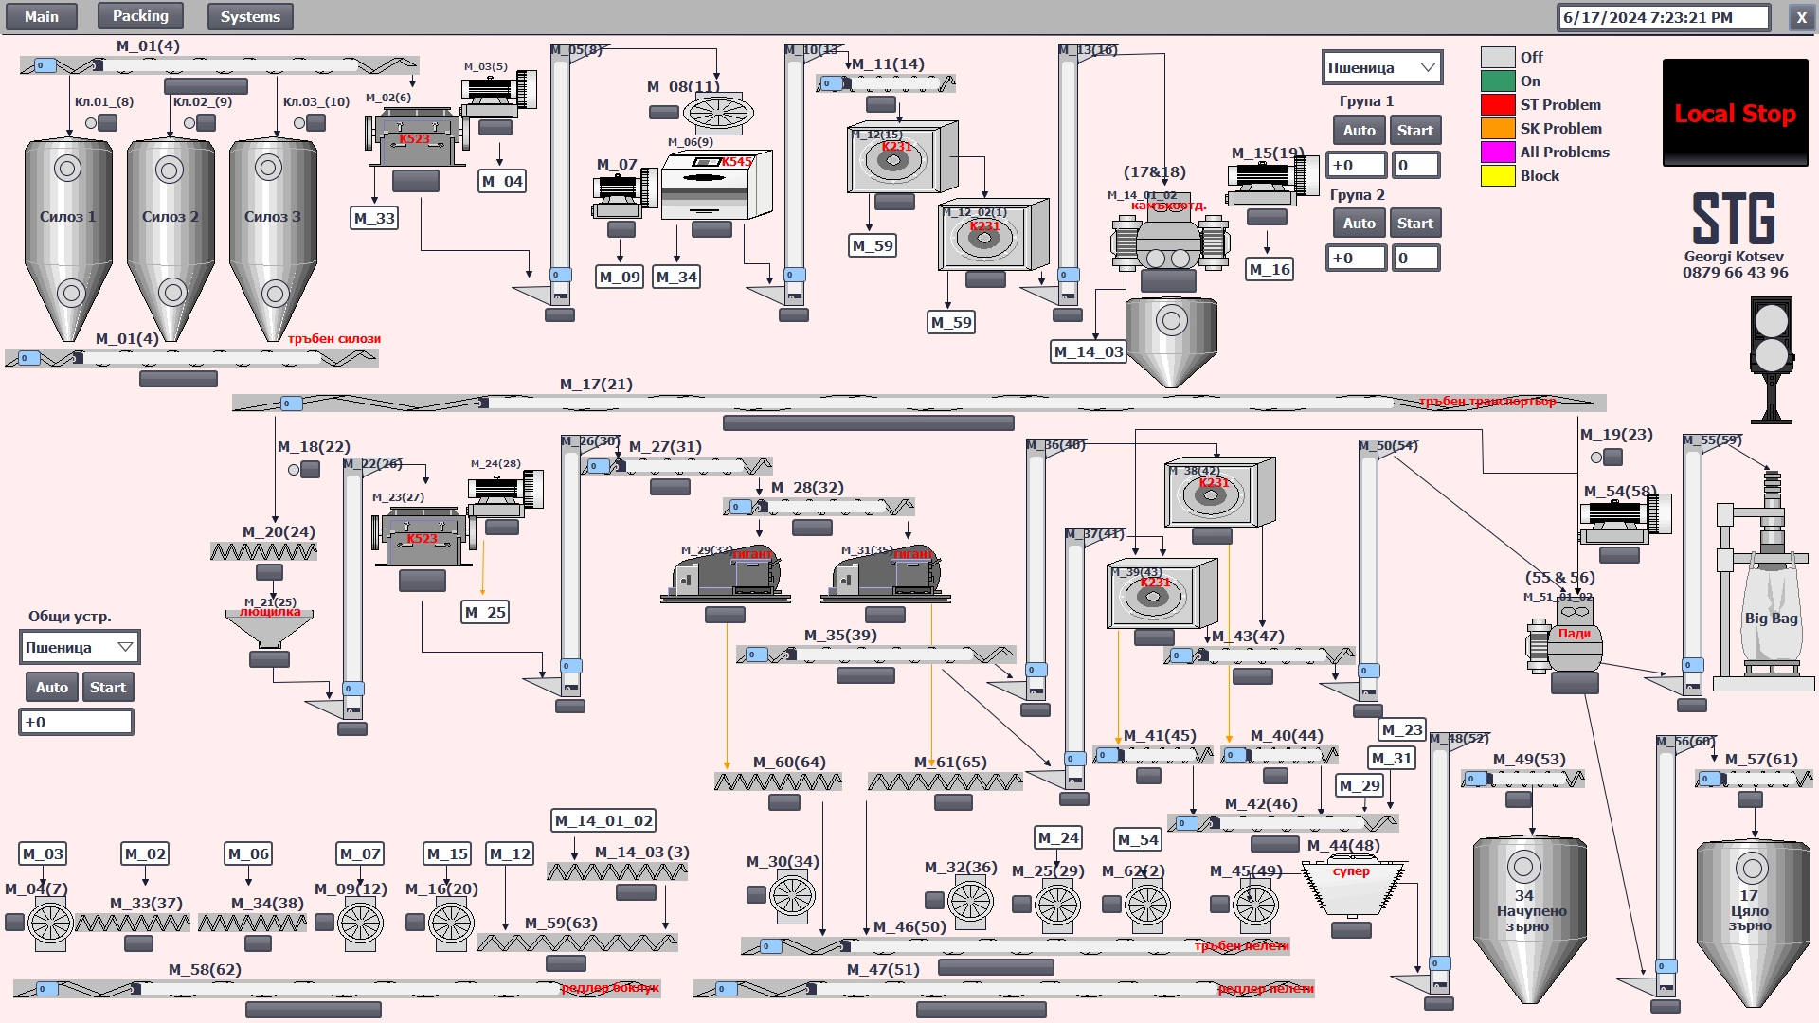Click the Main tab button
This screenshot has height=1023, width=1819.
(41, 16)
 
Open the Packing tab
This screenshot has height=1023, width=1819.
(140, 16)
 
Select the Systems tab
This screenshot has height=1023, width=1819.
(250, 16)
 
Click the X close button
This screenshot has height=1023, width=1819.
(1801, 17)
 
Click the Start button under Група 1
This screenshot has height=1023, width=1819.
(1414, 131)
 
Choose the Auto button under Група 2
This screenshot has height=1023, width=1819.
(1359, 224)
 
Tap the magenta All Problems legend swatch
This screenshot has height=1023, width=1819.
(1498, 153)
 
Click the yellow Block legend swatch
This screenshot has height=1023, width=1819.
(1498, 176)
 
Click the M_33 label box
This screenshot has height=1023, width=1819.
(374, 219)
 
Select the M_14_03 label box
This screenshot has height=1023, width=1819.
(1088, 352)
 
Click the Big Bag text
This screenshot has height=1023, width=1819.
(1771, 619)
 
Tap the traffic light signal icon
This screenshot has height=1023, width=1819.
(1771, 355)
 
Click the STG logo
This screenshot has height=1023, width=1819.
(1734, 219)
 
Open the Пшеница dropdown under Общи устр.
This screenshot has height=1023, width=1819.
(80, 648)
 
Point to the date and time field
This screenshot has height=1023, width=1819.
(1663, 17)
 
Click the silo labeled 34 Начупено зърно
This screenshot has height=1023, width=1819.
(1529, 914)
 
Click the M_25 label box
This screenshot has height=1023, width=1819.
(485, 613)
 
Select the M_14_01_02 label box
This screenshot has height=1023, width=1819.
(603, 821)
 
